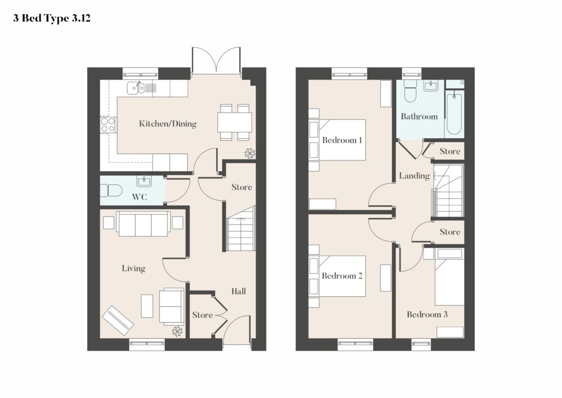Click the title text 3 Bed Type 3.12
point(52,18)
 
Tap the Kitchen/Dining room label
point(168,124)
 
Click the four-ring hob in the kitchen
point(108,125)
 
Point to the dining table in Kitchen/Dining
point(234,122)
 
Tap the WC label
point(139,197)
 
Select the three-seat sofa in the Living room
point(143,224)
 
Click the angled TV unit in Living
point(117,320)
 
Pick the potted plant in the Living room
point(177,332)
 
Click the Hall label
point(238,291)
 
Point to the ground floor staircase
point(241,229)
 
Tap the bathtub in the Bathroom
point(454,113)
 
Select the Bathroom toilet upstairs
point(409,91)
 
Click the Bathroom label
point(419,116)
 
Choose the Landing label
point(414,176)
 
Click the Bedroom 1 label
point(342,140)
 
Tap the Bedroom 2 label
point(342,276)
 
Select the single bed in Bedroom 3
point(449,277)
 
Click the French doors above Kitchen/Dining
point(216,60)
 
